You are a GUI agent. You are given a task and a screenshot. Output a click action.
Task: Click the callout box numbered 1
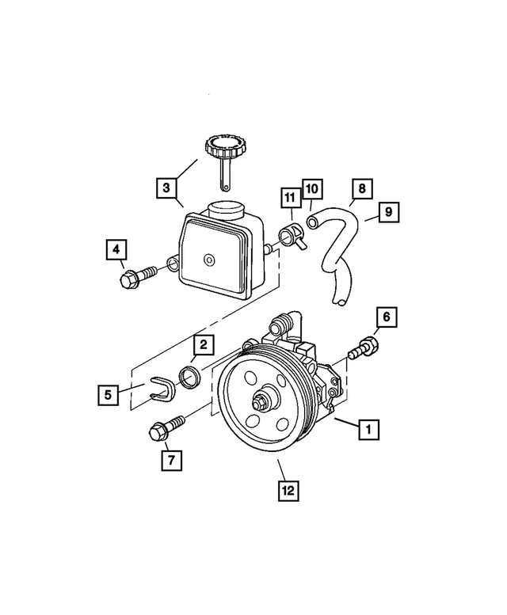point(367,431)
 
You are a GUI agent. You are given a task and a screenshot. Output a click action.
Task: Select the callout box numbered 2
point(203,344)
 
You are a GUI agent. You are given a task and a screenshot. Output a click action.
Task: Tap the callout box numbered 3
point(166,188)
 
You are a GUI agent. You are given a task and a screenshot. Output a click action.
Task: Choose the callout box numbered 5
point(109,393)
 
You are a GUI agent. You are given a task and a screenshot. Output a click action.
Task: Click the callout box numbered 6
point(386,317)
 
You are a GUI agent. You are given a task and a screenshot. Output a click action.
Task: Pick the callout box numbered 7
point(171,458)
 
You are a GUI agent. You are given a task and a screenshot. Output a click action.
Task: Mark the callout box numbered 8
point(361,188)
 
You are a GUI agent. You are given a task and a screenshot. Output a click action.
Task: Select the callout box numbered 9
point(389,211)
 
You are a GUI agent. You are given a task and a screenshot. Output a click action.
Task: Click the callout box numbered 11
point(290,197)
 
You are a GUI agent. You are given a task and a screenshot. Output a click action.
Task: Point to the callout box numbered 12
point(289,491)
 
